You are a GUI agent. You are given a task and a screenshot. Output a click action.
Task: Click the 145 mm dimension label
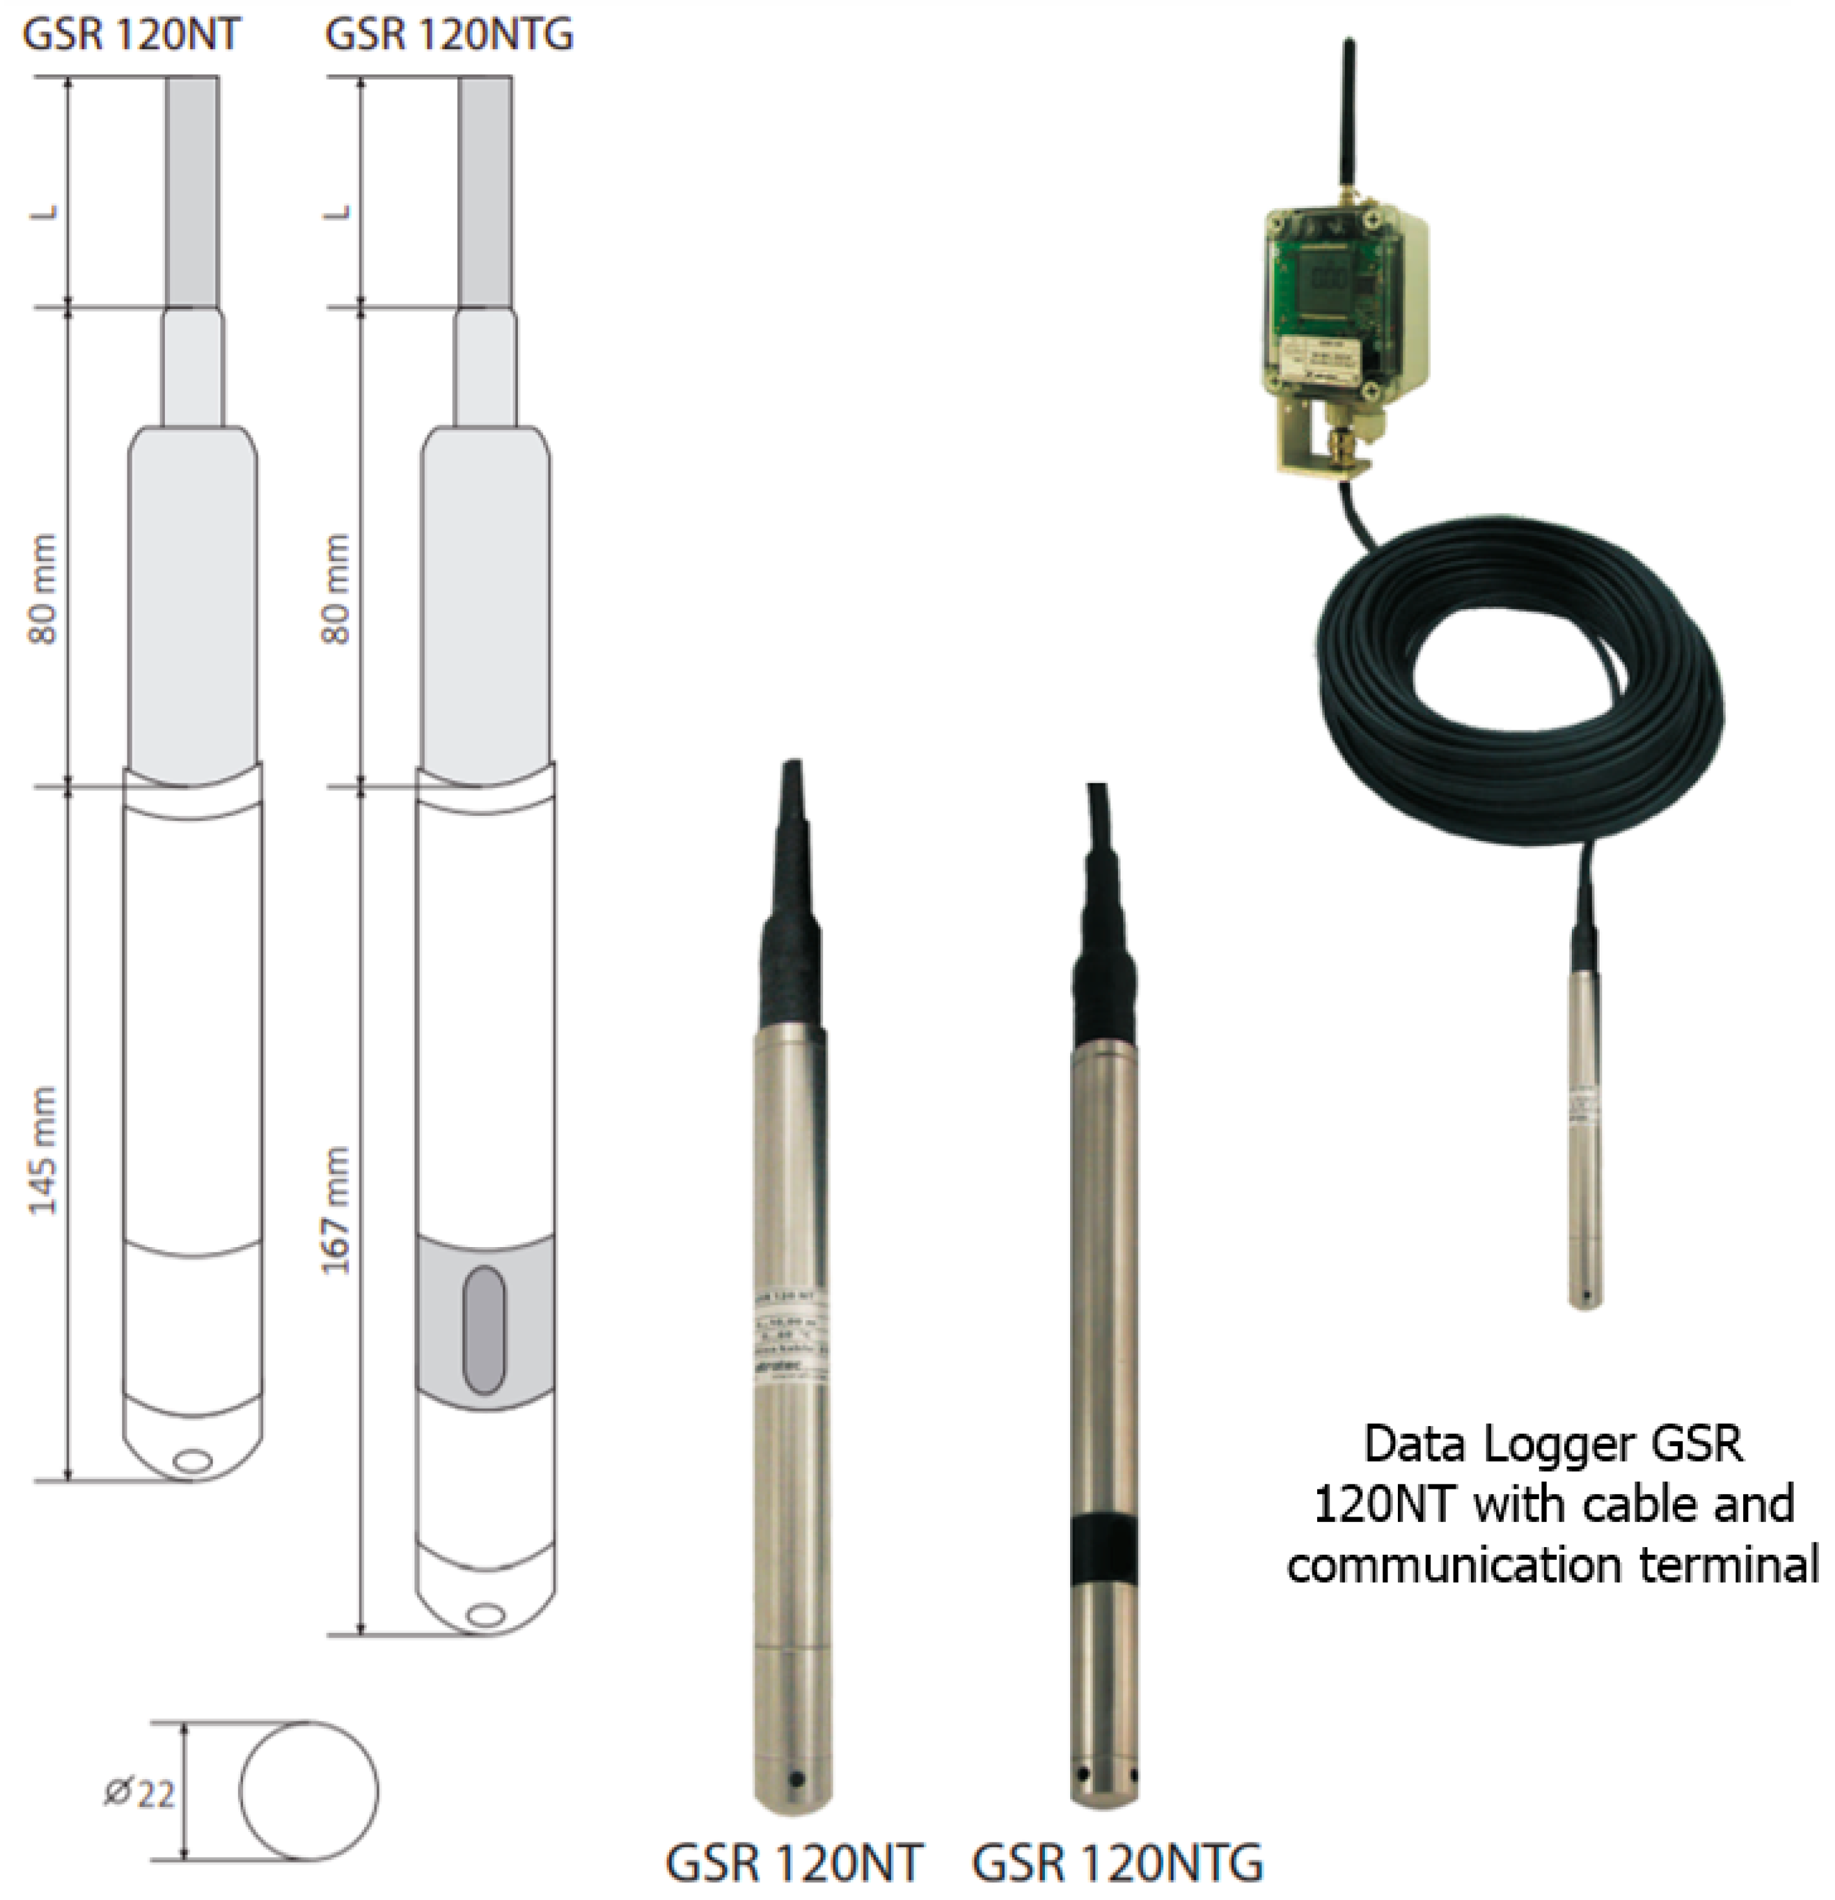[x=43, y=1151]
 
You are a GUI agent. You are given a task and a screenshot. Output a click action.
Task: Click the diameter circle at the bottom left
[x=308, y=1791]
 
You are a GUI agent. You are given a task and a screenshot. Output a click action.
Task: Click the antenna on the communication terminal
[x=1347, y=116]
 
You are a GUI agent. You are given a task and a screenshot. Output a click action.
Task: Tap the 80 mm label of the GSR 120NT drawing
[x=43, y=588]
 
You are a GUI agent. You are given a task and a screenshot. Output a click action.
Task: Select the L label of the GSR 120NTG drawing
[x=336, y=211]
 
